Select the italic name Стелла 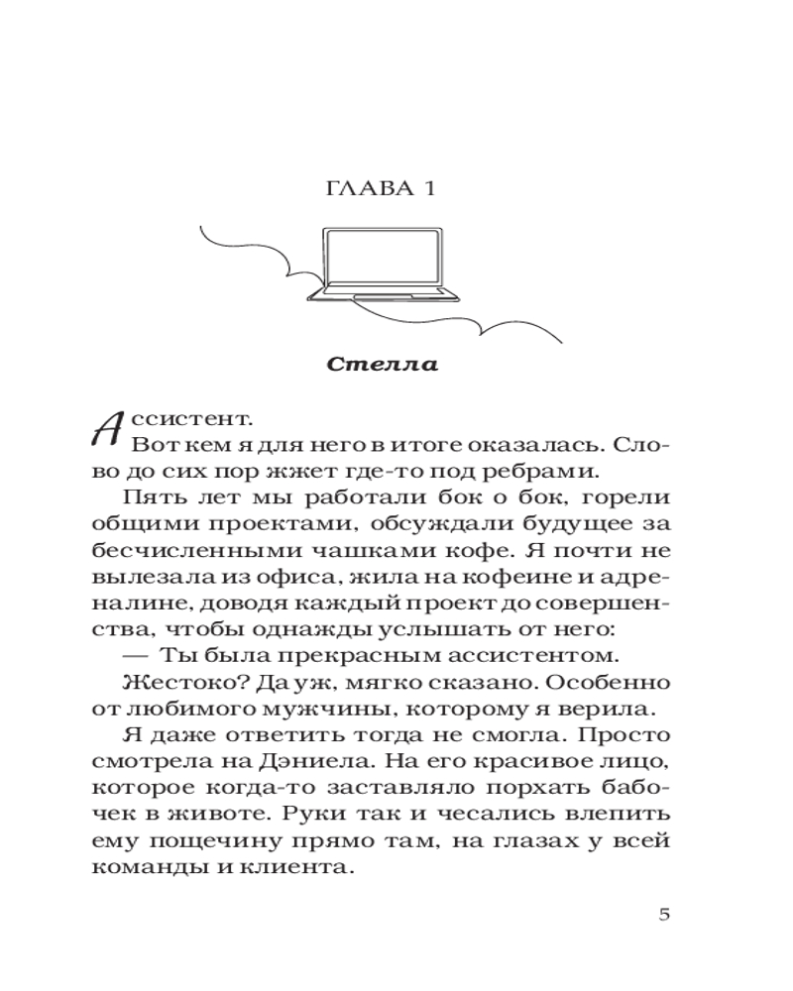pos(382,364)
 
